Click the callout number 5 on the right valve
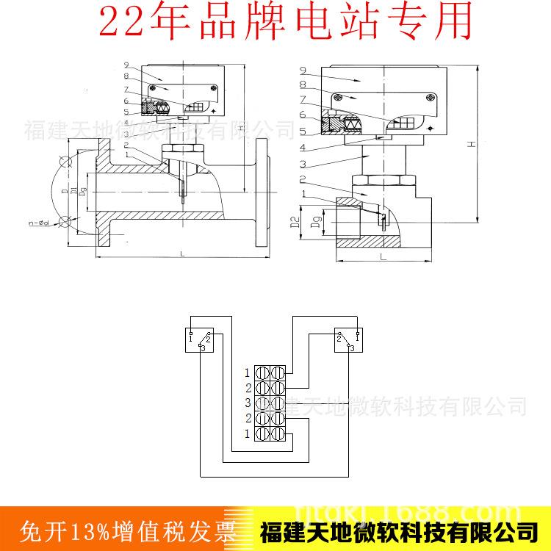[x=303, y=132]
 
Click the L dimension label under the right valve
[x=383, y=258]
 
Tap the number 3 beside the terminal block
[x=248, y=403]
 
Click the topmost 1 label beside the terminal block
[x=248, y=372]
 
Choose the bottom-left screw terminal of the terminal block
[x=261, y=434]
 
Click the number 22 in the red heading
[x=122, y=23]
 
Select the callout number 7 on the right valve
[x=303, y=98]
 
